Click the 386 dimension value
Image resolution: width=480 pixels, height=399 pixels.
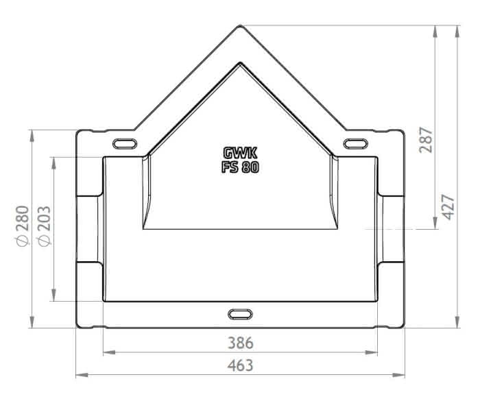[x=241, y=343]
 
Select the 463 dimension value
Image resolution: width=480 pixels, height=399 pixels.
[x=240, y=365]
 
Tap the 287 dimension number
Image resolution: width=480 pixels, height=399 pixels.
[x=426, y=140]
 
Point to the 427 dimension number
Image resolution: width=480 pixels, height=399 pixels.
[x=448, y=207]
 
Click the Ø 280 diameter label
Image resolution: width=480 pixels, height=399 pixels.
[x=23, y=226]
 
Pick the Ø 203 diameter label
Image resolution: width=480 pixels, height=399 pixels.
[x=44, y=226]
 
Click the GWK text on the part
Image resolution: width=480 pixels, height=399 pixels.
[x=240, y=153]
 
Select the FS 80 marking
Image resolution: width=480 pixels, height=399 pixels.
[x=240, y=167]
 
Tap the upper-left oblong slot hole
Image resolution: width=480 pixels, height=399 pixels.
[x=125, y=143]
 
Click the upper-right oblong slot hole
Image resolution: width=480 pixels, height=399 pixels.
[x=356, y=143]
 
